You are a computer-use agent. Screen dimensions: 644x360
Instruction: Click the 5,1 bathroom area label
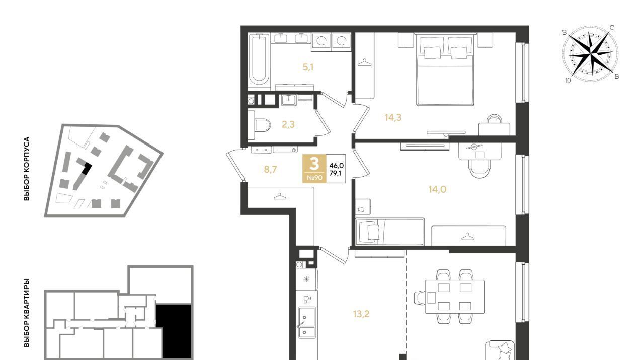(x=308, y=67)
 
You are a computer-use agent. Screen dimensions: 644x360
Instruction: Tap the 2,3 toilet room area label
(x=288, y=124)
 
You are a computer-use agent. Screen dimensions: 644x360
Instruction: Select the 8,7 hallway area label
(x=270, y=170)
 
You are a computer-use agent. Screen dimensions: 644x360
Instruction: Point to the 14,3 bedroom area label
(x=393, y=117)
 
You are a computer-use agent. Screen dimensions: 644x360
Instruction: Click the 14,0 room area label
(x=437, y=189)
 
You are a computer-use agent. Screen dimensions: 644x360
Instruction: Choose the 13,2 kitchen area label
(x=361, y=314)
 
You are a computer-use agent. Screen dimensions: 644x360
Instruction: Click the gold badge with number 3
(x=314, y=169)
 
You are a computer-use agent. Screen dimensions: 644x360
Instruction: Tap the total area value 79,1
(x=337, y=173)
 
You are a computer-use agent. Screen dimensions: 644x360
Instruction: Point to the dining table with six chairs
(x=454, y=297)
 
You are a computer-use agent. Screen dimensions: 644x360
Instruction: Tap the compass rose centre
(x=591, y=54)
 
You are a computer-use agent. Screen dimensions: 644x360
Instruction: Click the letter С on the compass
(x=612, y=28)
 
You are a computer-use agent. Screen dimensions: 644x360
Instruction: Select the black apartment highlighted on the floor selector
(x=174, y=331)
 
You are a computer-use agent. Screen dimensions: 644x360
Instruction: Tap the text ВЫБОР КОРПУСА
(x=27, y=169)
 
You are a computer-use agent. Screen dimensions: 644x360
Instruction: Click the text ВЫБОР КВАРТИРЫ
(x=27, y=313)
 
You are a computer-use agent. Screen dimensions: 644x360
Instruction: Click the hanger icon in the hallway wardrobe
(x=280, y=196)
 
